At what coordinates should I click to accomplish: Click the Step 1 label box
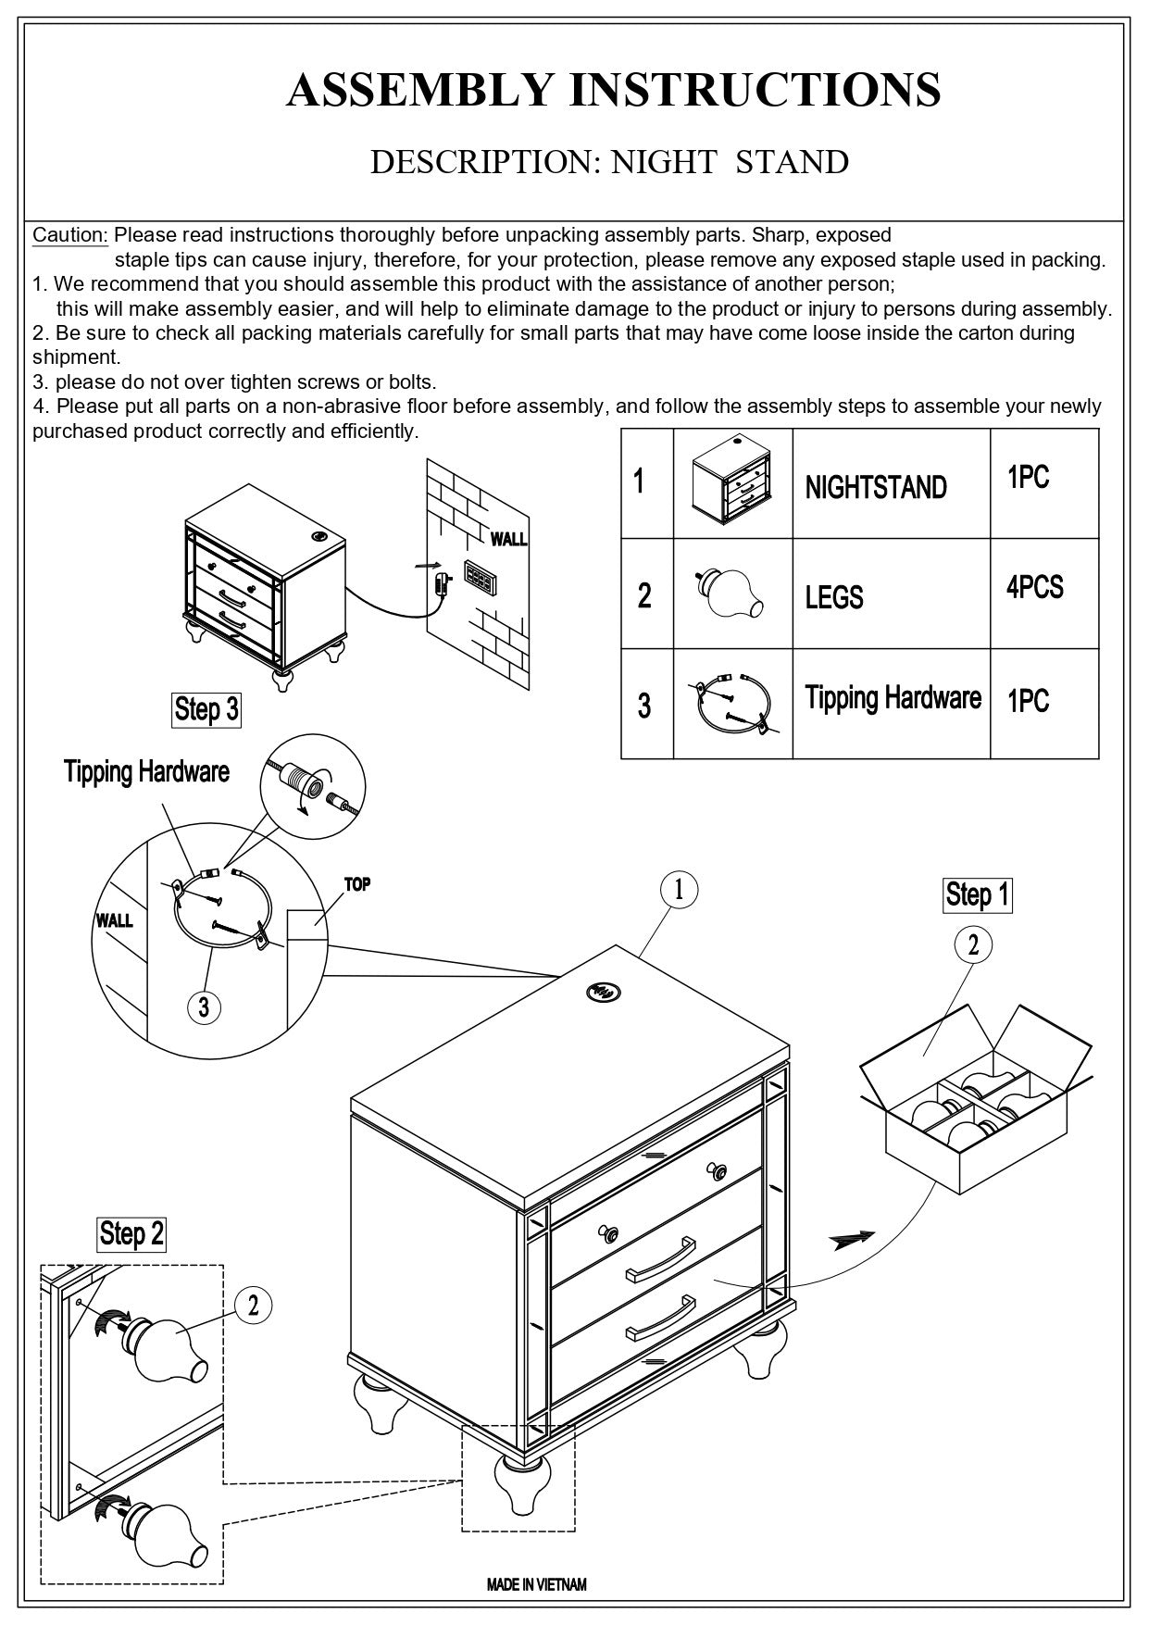(x=977, y=894)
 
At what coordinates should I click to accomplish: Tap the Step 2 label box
(x=131, y=1233)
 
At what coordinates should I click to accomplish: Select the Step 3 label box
(x=206, y=709)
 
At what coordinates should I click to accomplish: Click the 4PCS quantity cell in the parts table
(x=1034, y=587)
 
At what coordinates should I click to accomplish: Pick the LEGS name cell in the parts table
(x=833, y=597)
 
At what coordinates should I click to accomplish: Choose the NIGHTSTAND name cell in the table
(x=875, y=487)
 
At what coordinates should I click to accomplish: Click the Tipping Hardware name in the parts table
(x=893, y=697)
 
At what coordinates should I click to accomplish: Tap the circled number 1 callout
(x=679, y=890)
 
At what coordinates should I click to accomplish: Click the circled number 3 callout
(x=204, y=1006)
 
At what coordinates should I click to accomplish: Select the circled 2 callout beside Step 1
(x=973, y=945)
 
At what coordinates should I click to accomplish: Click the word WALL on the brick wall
(x=508, y=539)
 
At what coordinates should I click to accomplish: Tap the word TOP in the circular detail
(x=357, y=884)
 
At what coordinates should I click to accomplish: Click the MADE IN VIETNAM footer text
(x=537, y=1584)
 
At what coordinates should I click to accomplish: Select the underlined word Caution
(x=70, y=235)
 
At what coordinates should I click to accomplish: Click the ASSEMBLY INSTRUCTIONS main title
(x=613, y=90)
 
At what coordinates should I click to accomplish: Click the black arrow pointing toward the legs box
(x=853, y=1240)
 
